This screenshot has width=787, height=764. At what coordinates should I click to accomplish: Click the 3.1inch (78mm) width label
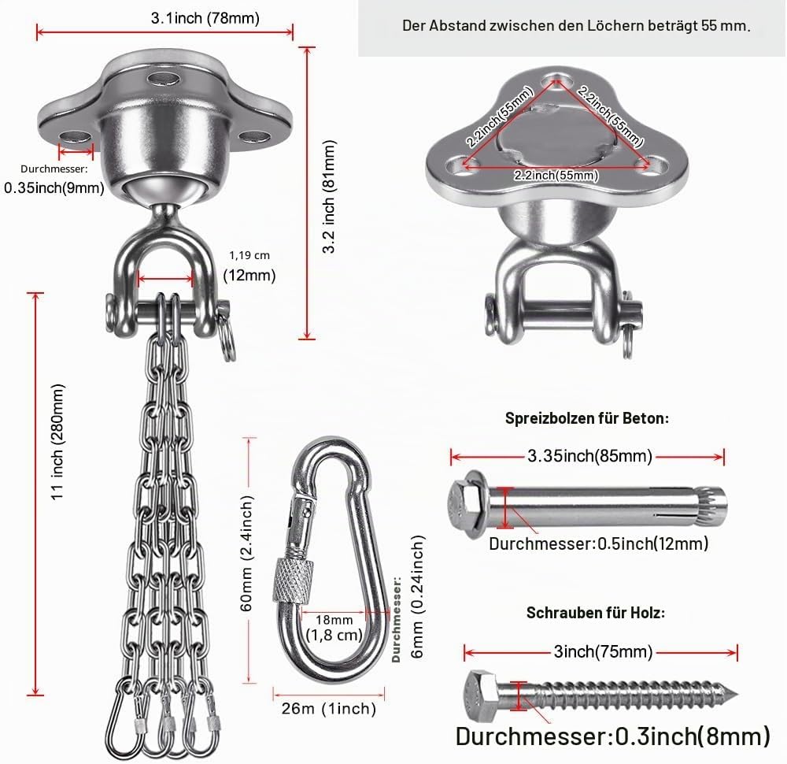click(x=205, y=19)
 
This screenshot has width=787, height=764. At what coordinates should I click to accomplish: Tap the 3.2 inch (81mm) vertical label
click(x=329, y=196)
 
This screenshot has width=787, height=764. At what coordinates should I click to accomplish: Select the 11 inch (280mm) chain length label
click(x=58, y=442)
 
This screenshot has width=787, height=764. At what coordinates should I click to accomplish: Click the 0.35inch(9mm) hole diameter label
click(x=54, y=188)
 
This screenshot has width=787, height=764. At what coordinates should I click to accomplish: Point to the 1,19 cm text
click(x=249, y=255)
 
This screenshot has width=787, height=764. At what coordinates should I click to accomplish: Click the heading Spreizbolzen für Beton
click(x=587, y=418)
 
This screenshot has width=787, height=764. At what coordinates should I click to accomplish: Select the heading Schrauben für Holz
click(x=596, y=612)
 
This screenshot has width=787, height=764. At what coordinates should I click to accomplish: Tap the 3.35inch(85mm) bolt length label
click(x=589, y=456)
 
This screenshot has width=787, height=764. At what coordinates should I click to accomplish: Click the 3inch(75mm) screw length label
click(x=604, y=651)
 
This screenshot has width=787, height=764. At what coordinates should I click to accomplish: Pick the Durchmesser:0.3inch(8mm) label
click(x=613, y=736)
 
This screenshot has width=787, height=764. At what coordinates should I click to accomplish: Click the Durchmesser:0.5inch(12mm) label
click(x=599, y=543)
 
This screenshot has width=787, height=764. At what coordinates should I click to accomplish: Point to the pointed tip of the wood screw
click(x=737, y=695)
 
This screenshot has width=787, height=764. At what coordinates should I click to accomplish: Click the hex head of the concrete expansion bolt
click(x=462, y=504)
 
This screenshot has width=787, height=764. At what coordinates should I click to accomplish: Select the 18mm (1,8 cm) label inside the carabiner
click(x=334, y=628)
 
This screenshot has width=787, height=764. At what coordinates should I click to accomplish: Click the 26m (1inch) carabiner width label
click(x=329, y=709)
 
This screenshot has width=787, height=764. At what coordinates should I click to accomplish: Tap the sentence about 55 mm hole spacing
click(x=576, y=26)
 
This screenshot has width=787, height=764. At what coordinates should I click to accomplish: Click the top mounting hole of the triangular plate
click(x=555, y=79)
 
